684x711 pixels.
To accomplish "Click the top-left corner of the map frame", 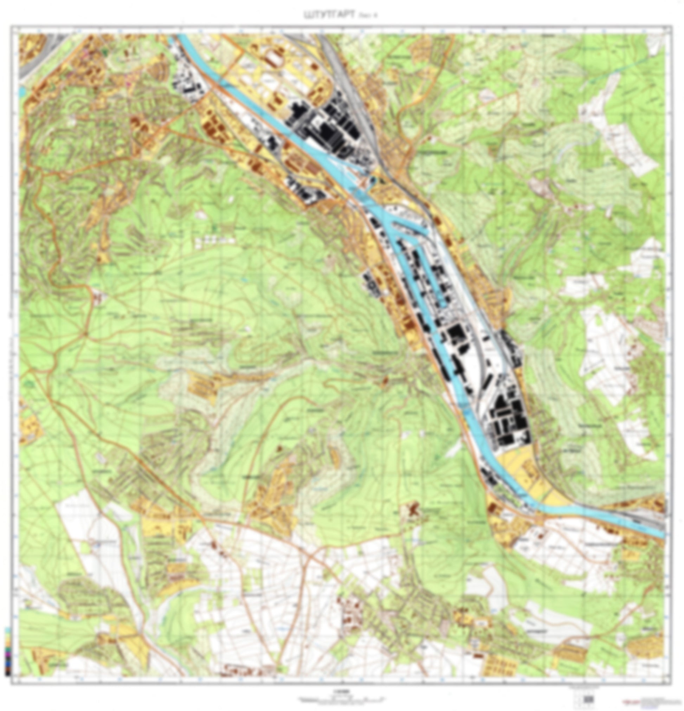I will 11,26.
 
